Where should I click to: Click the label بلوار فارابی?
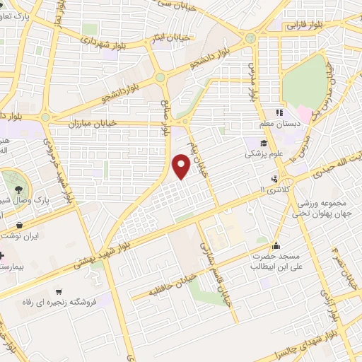300,25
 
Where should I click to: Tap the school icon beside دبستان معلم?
280,111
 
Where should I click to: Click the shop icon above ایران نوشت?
18,226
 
